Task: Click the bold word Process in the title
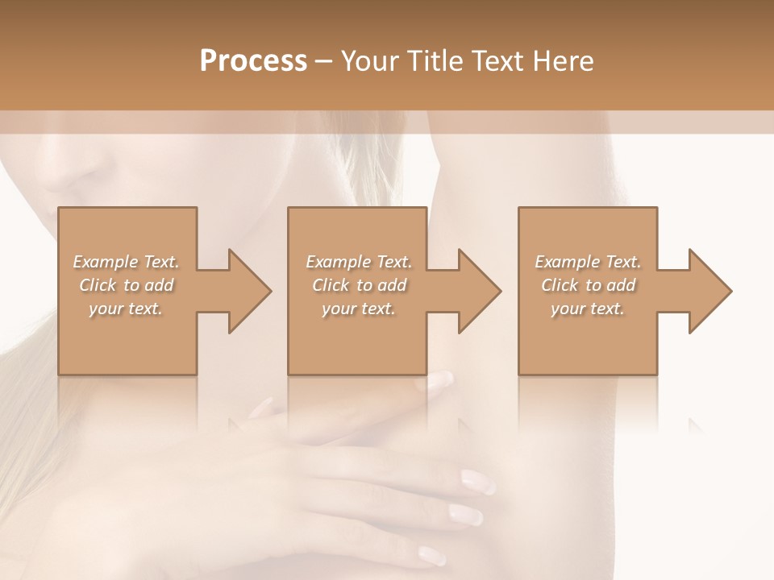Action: pyautogui.click(x=253, y=61)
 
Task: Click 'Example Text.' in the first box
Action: pyautogui.click(x=127, y=262)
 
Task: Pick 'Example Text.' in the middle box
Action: pyautogui.click(x=359, y=262)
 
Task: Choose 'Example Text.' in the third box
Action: pyautogui.click(x=588, y=262)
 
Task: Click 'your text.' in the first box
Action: pyautogui.click(x=126, y=309)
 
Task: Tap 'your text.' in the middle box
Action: pyautogui.click(x=358, y=309)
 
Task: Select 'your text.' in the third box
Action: pyautogui.click(x=587, y=309)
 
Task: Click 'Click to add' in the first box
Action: pyautogui.click(x=127, y=285)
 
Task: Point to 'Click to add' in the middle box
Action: pyautogui.click(x=359, y=285)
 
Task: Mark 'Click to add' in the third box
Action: pyautogui.click(x=588, y=285)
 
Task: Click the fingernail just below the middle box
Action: pyautogui.click(x=440, y=381)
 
